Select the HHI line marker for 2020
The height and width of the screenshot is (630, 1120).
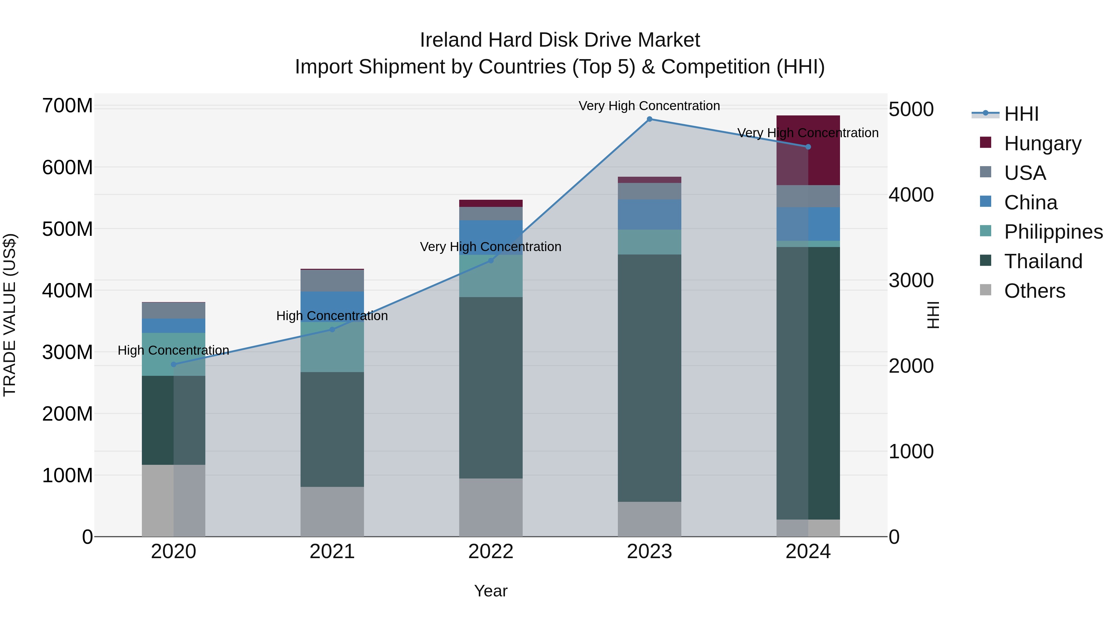(x=174, y=364)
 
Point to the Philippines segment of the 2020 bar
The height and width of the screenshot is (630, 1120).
(x=174, y=343)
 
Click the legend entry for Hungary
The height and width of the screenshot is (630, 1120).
(x=1042, y=143)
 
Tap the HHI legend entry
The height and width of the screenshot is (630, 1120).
(x=1020, y=114)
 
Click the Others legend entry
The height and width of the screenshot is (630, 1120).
(x=1034, y=291)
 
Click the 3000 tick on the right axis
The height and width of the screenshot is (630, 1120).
(x=910, y=280)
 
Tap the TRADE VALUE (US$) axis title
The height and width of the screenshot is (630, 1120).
(x=10, y=315)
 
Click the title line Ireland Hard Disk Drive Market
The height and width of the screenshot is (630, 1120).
(x=560, y=40)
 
